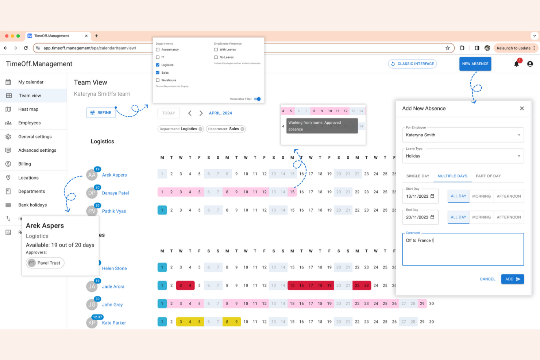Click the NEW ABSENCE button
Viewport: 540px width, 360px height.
(475, 64)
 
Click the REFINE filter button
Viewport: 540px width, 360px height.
(101, 113)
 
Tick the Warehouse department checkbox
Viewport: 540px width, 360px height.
(158, 80)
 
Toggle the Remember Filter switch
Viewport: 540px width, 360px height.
(258, 99)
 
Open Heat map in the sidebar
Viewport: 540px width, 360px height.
(28, 109)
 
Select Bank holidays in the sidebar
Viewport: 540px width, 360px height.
(32, 205)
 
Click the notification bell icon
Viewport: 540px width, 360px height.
(516, 64)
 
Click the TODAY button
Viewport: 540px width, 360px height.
(169, 113)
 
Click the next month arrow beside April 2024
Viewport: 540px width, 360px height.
(201, 113)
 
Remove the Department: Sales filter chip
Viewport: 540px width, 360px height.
(242, 129)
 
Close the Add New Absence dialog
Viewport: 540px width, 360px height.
(522, 108)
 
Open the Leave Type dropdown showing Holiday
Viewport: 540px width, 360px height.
(463, 156)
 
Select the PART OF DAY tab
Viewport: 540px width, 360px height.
(488, 176)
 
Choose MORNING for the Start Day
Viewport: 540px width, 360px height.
(481, 196)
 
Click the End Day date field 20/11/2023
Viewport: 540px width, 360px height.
(420, 217)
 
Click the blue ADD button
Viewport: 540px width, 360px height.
(512, 279)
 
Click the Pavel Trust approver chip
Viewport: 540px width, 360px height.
(45, 263)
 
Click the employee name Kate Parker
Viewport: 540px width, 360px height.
(114, 323)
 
